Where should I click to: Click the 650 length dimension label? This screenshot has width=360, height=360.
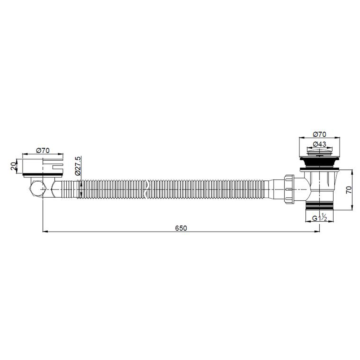[181, 228]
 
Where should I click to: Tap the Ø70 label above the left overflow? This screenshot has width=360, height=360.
[43, 151]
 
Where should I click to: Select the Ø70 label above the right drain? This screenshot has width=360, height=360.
[319, 134]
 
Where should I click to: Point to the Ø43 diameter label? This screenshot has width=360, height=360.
[319, 144]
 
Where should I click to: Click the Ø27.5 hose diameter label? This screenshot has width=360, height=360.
[78, 166]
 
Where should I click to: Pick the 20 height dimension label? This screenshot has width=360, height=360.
[14, 166]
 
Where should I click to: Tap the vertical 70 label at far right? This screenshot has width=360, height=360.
[349, 190]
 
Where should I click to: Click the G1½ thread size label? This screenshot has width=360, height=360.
[319, 217]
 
